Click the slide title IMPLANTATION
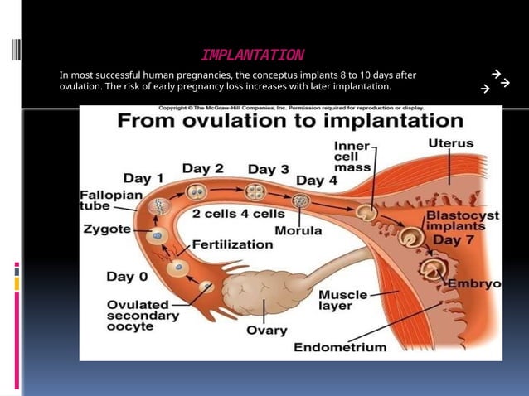pos(252,56)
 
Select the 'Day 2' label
pos(202,168)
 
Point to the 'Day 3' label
pos(268,169)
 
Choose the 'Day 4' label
pos(317,180)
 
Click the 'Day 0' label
pos(128,276)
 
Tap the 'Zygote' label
pos(106,229)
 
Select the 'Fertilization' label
pos(232,244)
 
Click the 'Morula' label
pos(298,230)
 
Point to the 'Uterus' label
pos(451,143)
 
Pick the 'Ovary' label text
pos(267,331)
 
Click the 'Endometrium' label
pos(340,347)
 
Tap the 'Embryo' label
pos(474,283)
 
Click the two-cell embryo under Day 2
pos(197,193)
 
